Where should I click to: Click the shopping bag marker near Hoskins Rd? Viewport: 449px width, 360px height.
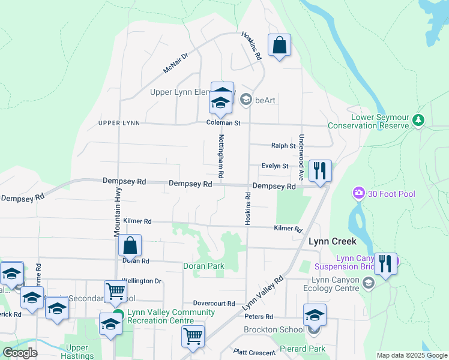click(279, 46)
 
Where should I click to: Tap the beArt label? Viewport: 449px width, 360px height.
click(265, 100)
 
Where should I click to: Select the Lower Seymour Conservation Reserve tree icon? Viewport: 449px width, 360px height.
click(418, 121)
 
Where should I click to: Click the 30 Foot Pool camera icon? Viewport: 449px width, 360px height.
click(359, 193)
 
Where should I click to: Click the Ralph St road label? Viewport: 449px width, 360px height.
click(283, 145)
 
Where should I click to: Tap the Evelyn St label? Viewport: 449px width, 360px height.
click(275, 166)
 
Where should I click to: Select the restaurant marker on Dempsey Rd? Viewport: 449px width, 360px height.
click(320, 172)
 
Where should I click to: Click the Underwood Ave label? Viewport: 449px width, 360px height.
click(301, 157)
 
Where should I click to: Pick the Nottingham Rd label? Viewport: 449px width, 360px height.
click(221, 155)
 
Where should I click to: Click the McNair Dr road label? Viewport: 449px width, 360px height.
click(175, 63)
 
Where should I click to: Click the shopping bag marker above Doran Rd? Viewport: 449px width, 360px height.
click(130, 246)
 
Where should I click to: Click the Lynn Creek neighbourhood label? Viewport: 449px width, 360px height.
click(333, 241)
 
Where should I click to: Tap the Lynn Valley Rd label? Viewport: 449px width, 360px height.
click(262, 293)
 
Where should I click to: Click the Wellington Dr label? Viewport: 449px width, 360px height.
click(142, 281)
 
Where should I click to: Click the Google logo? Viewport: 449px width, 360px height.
click(20, 352)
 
